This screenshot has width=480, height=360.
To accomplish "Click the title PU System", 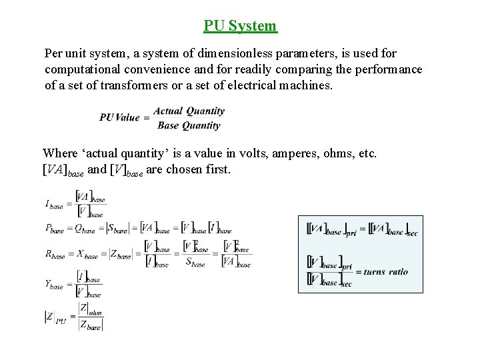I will [x=240, y=26].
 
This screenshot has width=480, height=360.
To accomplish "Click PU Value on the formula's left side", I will [x=119, y=118].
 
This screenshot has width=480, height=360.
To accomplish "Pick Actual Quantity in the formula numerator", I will [x=189, y=111].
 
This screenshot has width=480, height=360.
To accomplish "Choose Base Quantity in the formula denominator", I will [x=189, y=125].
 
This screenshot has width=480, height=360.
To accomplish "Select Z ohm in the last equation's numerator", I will [x=91, y=308].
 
